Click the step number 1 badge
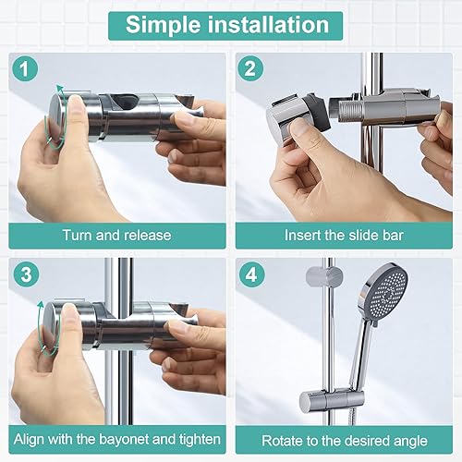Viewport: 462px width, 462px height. click(25, 69)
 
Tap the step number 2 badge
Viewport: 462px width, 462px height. click(250, 68)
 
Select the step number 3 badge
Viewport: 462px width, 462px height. click(26, 274)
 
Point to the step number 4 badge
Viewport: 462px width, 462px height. click(251, 274)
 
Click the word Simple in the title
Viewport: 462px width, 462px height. click(164, 25)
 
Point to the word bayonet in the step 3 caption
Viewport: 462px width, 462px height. click(124, 439)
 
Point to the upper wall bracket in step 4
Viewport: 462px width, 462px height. click(324, 276)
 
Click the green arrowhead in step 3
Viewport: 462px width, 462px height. click(41, 305)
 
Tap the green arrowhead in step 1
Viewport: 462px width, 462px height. click(60, 90)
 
